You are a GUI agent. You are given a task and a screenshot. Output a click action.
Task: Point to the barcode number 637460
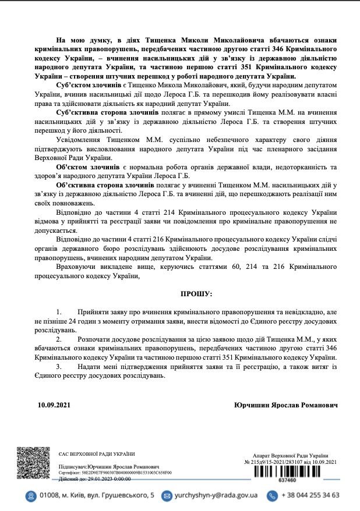287,481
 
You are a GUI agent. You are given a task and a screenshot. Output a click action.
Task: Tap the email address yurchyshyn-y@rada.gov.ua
216,495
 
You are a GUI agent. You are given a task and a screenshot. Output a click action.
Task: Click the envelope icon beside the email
167,495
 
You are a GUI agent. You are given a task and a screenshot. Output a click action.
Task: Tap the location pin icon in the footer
29,495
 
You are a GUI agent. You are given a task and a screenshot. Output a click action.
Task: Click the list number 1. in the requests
59,312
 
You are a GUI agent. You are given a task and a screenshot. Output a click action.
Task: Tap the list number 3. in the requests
59,367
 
